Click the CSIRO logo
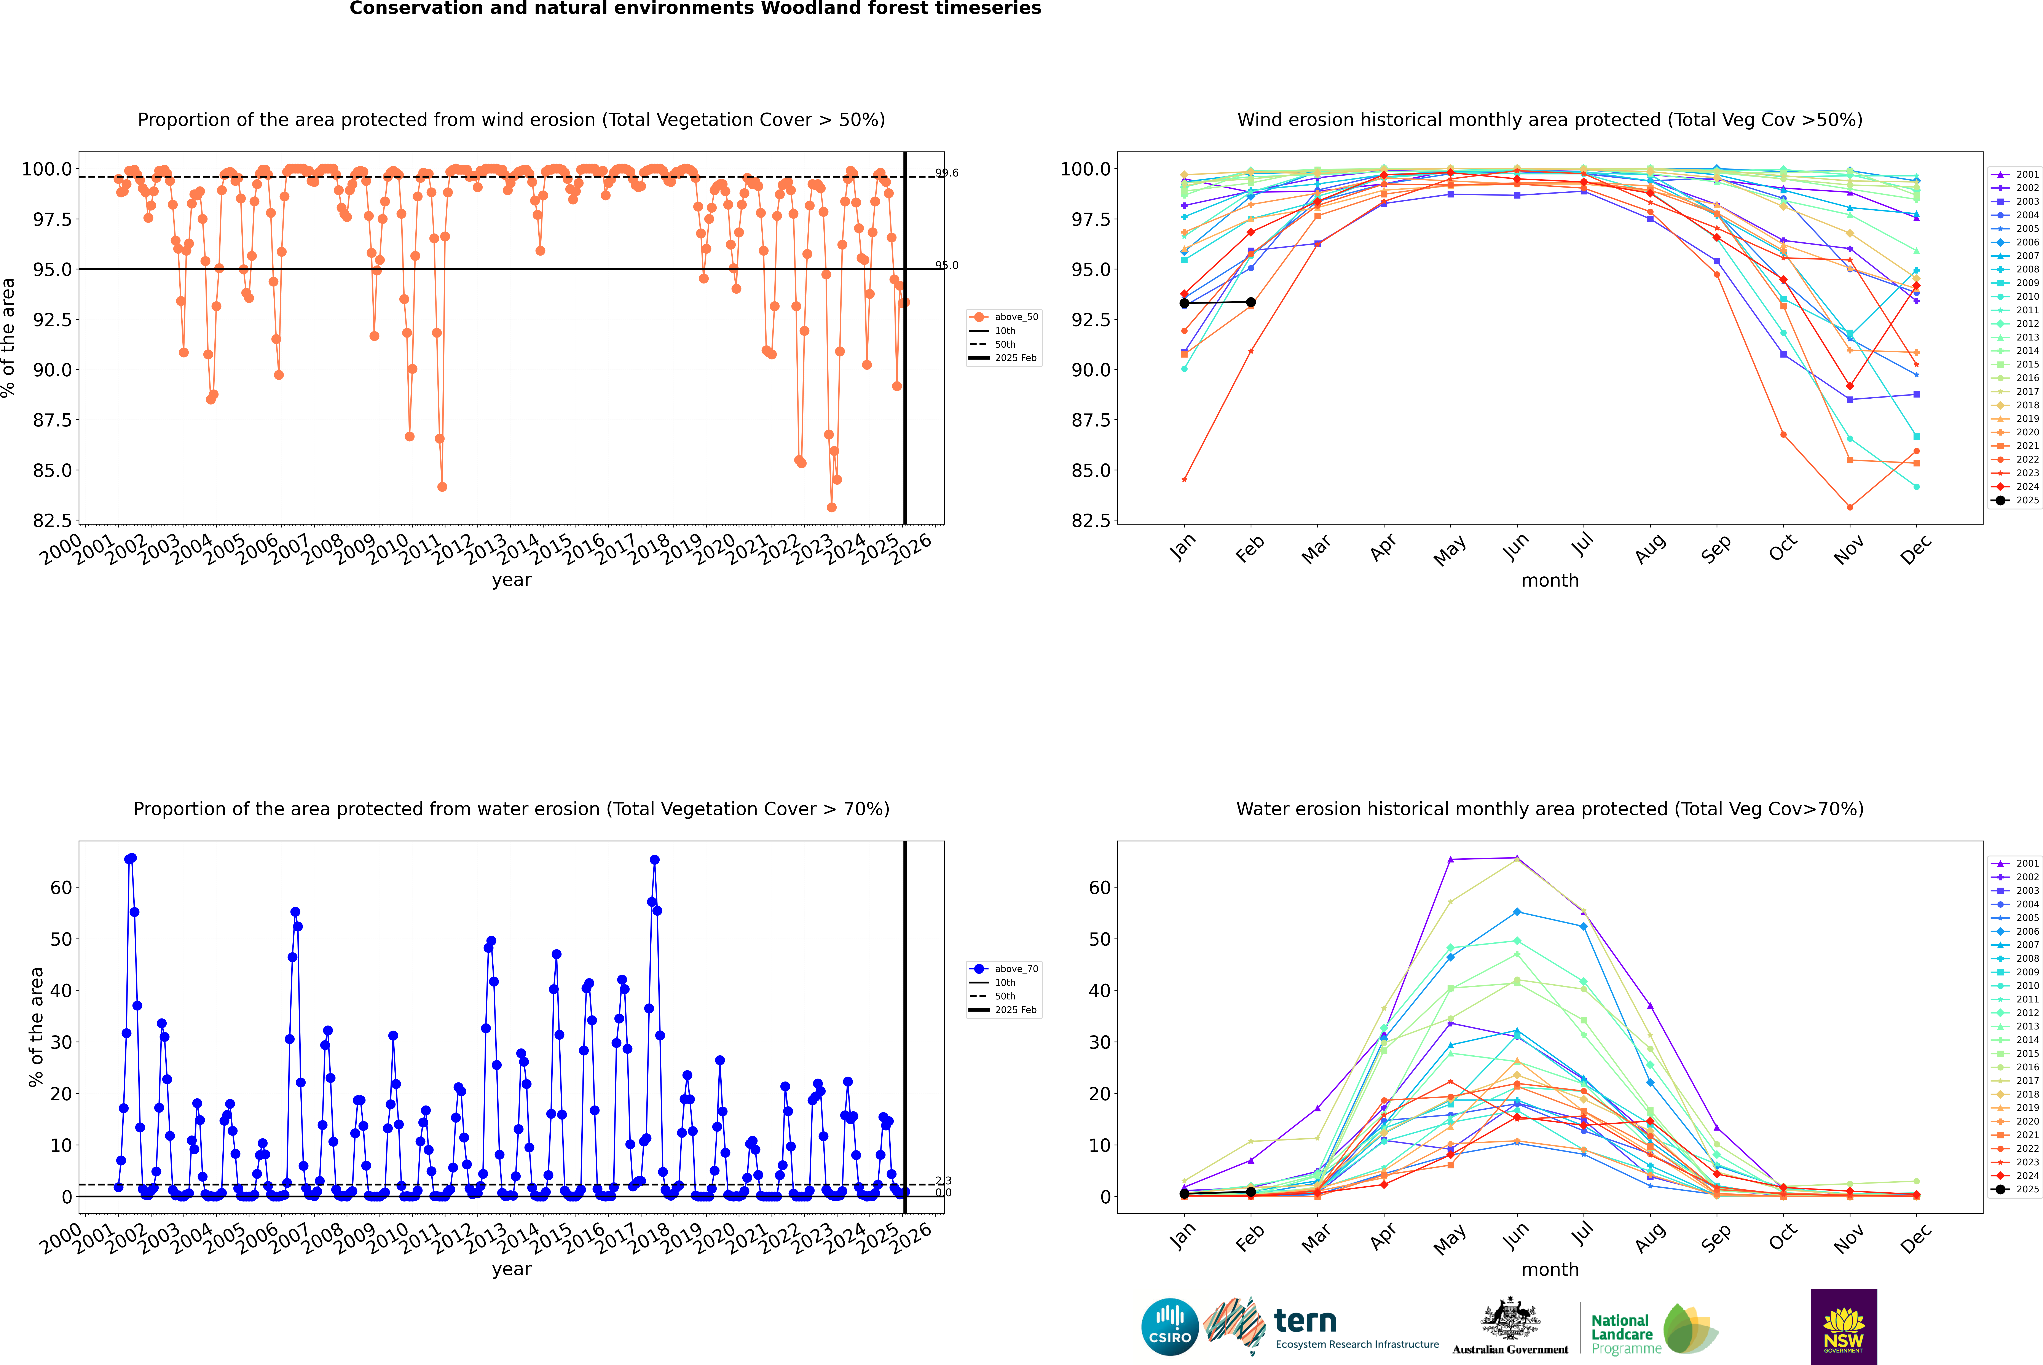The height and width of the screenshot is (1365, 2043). click(1170, 1327)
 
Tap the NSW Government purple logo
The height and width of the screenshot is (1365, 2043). click(1844, 1327)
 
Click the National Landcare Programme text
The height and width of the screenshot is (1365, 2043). click(1622, 1334)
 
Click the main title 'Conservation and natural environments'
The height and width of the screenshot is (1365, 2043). click(695, 9)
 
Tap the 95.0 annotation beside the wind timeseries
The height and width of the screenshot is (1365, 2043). click(947, 266)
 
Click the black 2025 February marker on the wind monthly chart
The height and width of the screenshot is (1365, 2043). click(1250, 302)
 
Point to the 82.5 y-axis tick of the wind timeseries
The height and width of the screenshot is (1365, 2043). click(48, 521)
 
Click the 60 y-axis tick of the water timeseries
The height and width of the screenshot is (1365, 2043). click(61, 888)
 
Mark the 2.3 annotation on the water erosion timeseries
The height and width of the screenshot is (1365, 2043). click(943, 1180)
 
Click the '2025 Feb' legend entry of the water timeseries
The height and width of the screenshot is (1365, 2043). click(1015, 1010)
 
